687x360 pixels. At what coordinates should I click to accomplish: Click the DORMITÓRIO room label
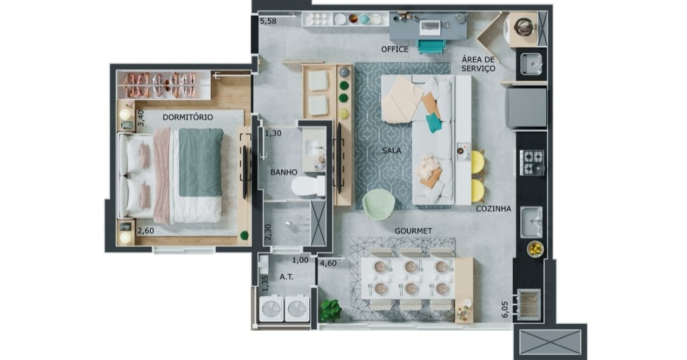pos(188,118)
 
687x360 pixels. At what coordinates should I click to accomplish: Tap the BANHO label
pos(284,172)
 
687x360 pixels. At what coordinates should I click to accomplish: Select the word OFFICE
pos(394,50)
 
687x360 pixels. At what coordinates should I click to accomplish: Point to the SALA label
pos(391,151)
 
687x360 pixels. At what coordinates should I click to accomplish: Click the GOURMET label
pos(413,231)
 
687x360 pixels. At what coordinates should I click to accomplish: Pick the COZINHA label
pos(494,209)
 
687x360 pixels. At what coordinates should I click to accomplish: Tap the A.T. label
pos(286,277)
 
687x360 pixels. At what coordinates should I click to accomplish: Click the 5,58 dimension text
pos(268,21)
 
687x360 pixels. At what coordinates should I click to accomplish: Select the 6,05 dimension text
pos(504,309)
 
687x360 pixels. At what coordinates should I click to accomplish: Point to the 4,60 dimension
pos(328,263)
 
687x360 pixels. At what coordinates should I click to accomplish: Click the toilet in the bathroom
pos(308,186)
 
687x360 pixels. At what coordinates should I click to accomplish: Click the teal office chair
pos(431,46)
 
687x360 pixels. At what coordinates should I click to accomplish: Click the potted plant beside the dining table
pos(330,310)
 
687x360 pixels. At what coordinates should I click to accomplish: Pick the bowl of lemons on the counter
pos(535,249)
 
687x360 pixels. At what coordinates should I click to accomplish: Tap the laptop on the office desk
pos(430,27)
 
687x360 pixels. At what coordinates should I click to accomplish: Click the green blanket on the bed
pos(200,162)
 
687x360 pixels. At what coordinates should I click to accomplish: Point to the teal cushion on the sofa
pos(433,123)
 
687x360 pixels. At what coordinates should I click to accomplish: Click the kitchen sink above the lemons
pos(531,223)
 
